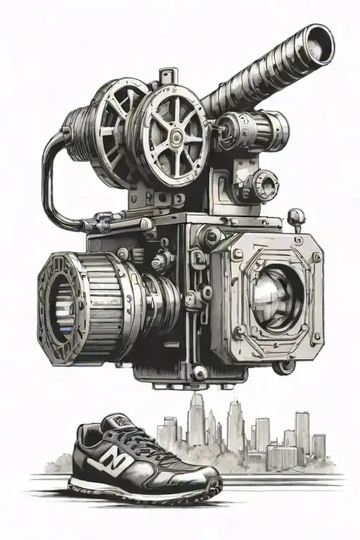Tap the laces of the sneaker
(138, 439)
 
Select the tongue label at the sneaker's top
(112, 422)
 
